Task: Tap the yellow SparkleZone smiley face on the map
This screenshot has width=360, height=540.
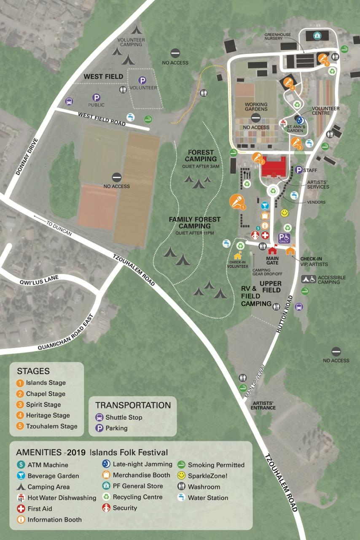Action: (x=285, y=213)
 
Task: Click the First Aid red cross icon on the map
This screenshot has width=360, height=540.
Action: (x=265, y=235)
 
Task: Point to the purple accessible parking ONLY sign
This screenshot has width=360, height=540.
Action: (x=284, y=238)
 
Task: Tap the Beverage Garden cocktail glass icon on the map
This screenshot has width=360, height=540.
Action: (x=264, y=205)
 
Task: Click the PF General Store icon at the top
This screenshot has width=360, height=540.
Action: (x=317, y=36)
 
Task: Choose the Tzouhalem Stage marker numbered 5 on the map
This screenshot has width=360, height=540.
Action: (x=323, y=59)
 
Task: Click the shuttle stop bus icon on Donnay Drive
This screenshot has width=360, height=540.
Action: (x=69, y=101)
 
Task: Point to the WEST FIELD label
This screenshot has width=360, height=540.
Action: (x=103, y=77)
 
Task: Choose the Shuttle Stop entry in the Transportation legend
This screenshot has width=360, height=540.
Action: (x=119, y=417)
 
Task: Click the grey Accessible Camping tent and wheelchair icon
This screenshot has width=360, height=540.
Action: (x=309, y=279)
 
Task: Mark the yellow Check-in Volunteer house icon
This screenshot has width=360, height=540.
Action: (x=238, y=256)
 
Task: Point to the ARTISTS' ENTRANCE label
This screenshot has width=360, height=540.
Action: (x=263, y=405)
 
